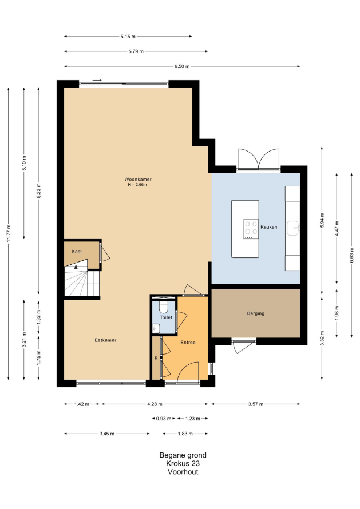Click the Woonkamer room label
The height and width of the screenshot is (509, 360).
coord(138,179)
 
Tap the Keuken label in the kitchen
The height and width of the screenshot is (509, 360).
coord(268,227)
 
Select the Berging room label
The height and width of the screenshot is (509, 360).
coord(256,313)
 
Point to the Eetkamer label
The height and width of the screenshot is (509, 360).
coord(105,340)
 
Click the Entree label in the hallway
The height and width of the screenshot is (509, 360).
coord(188,342)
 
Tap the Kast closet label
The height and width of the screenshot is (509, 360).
coord(77,252)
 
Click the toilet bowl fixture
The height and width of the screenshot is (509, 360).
coord(163,306)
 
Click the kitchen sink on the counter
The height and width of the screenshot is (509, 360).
coord(294,228)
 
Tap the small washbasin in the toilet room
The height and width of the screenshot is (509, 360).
coord(156,328)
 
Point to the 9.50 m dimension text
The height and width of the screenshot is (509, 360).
coord(182,66)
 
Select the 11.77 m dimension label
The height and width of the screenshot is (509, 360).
coord(9,233)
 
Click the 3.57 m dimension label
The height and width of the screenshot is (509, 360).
coord(256,404)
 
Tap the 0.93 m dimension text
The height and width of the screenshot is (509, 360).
coord(164,419)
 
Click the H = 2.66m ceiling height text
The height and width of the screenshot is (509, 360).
coord(137,185)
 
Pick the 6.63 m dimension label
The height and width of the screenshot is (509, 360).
coord(352,256)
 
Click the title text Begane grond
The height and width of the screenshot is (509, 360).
coord(183,455)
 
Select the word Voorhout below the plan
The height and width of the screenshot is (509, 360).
coord(183,472)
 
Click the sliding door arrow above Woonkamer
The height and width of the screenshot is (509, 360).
coord(97,80)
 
